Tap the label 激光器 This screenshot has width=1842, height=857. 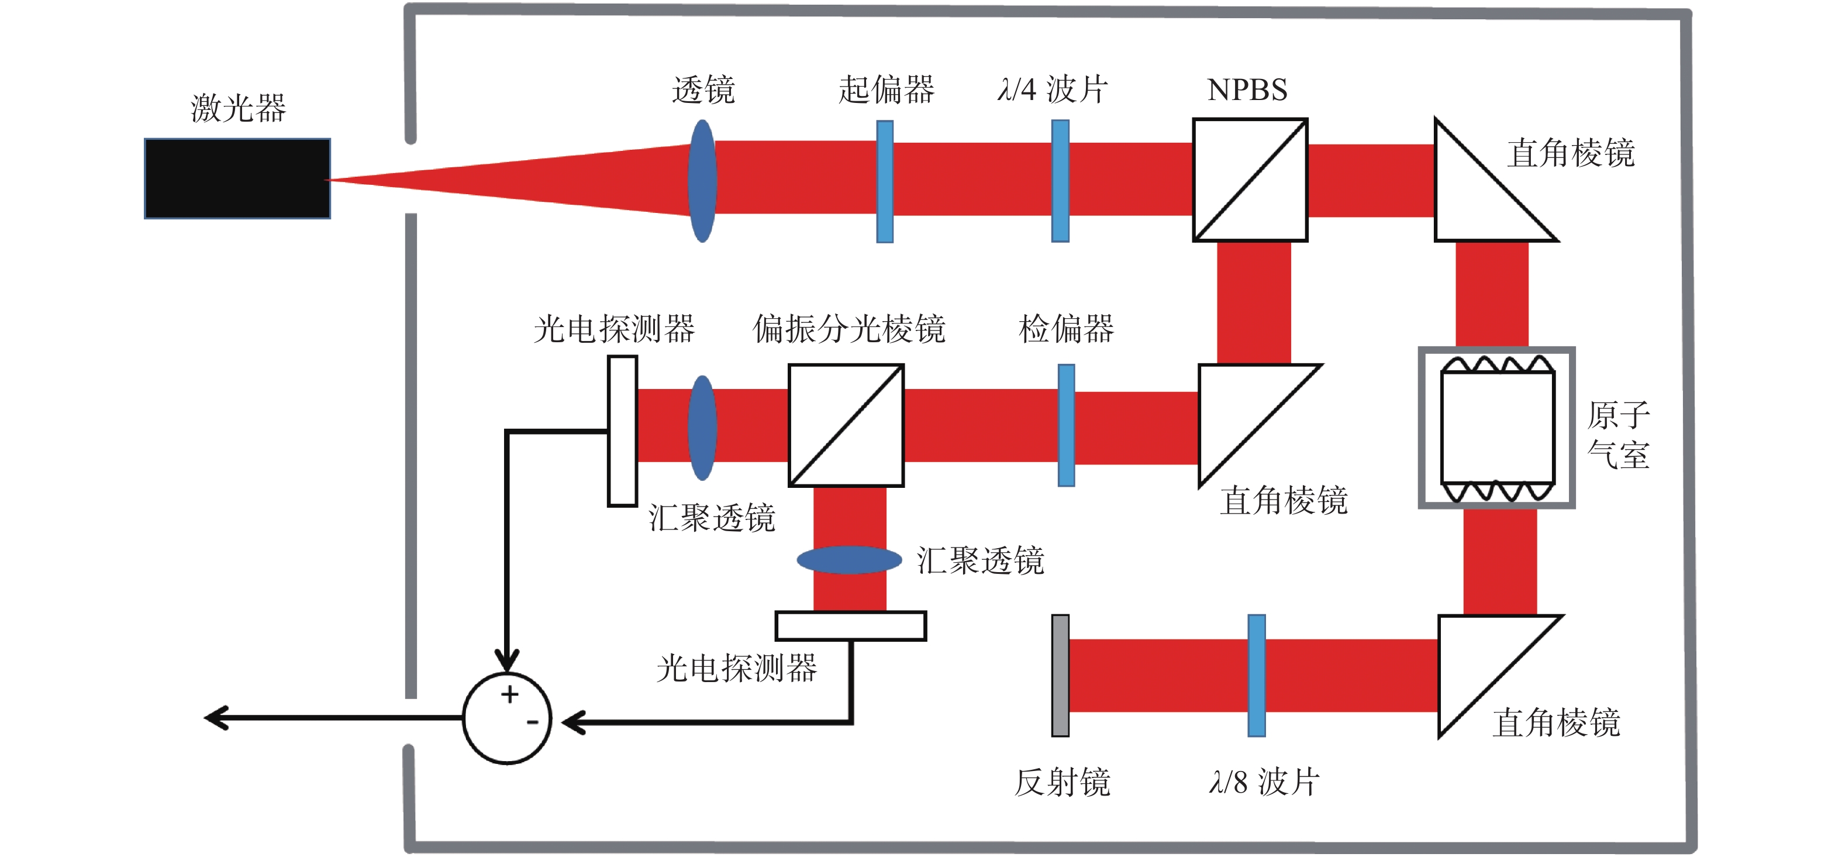[x=238, y=108]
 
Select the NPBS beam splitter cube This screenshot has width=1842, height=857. [x=1250, y=180]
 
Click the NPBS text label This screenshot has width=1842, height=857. [x=1247, y=90]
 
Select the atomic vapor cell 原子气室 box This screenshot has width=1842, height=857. [x=1496, y=428]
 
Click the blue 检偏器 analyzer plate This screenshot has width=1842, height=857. [x=1065, y=426]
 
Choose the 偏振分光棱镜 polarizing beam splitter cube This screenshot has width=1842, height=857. [x=846, y=426]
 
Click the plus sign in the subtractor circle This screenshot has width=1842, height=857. [x=509, y=694]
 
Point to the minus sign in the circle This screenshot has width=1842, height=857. [x=532, y=722]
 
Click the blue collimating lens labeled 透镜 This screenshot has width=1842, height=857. [x=702, y=181]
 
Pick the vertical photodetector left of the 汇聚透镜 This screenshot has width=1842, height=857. [x=622, y=431]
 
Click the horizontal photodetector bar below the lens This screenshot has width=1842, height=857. [x=851, y=626]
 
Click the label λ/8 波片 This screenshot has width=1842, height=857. [x=1264, y=782]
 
